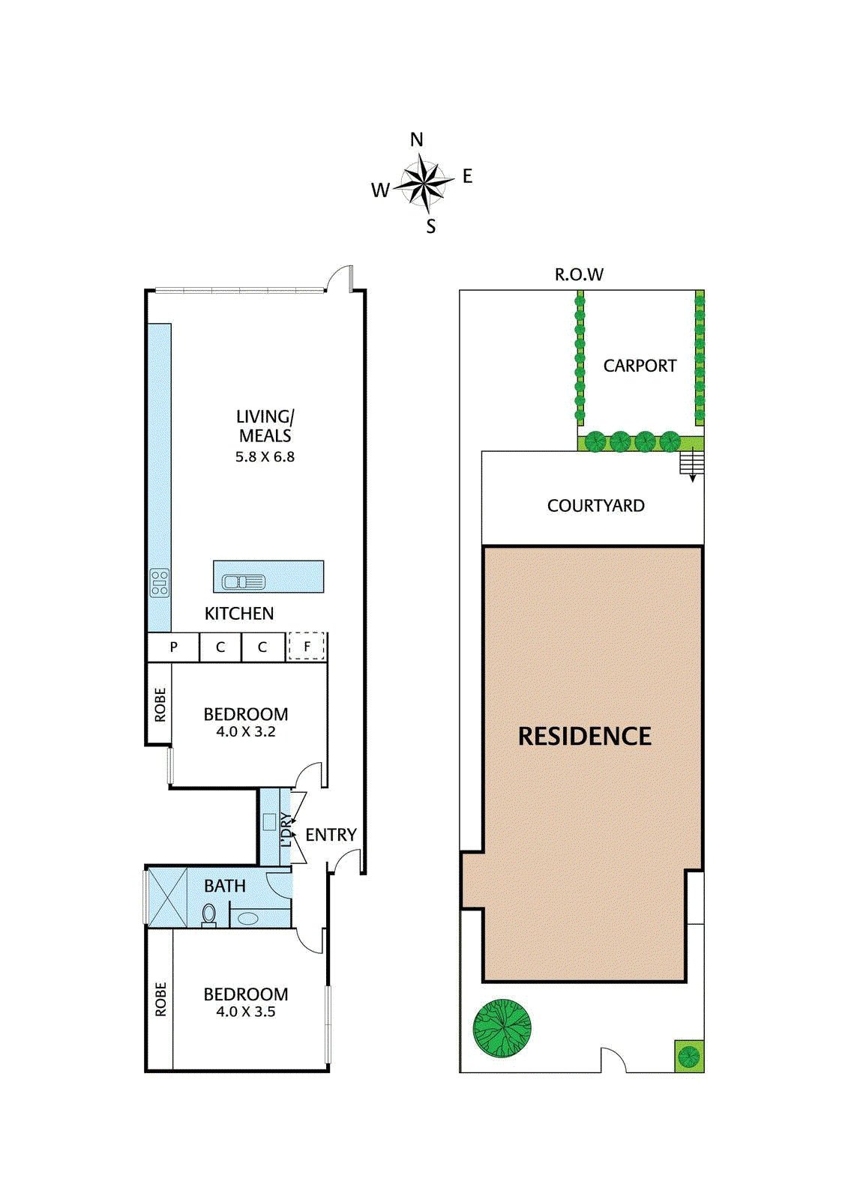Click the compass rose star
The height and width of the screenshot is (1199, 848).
[424, 183]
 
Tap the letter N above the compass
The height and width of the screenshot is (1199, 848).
[417, 140]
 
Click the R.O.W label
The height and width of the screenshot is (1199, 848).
[579, 275]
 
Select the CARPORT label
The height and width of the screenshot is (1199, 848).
[640, 366]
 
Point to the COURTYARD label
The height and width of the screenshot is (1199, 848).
[595, 506]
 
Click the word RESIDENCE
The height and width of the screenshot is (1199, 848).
[584, 737]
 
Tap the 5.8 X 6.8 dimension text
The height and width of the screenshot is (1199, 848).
[265, 457]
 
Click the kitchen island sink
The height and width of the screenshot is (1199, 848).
[244, 582]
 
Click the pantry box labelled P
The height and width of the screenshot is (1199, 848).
[174, 647]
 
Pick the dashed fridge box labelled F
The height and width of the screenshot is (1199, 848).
[307, 647]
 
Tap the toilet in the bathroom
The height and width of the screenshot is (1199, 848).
[209, 915]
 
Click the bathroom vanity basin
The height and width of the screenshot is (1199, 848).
[248, 919]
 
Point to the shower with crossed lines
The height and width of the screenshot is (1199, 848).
[166, 897]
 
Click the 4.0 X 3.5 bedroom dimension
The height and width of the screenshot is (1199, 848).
[246, 1012]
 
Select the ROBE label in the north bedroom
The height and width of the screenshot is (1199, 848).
[160, 705]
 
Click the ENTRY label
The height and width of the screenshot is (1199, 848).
[331, 835]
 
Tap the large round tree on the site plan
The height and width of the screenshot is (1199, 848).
[502, 1028]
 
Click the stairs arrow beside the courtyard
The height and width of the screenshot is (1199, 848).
[692, 465]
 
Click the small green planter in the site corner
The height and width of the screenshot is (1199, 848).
[688, 1057]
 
